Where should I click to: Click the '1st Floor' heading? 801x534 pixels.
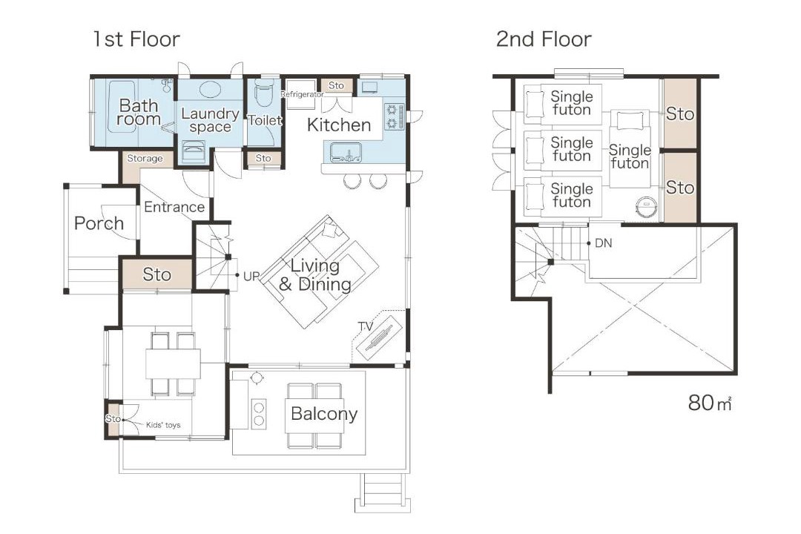(136, 39)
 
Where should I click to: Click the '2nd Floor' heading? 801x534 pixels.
(544, 39)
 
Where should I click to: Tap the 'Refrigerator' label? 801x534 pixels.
(302, 94)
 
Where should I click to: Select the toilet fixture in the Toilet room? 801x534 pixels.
(264, 91)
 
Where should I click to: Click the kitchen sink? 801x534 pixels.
(346, 152)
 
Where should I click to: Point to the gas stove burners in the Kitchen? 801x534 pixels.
(392, 116)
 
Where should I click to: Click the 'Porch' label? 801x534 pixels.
(99, 223)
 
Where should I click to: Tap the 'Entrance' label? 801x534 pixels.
(174, 207)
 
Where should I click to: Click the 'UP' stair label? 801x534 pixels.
(251, 277)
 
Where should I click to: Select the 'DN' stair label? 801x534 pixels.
(603, 243)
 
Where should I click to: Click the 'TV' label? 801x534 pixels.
(365, 326)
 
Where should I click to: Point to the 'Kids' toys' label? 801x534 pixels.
(163, 425)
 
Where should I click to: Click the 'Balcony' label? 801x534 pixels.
(324, 414)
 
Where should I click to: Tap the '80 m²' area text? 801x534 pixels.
(710, 403)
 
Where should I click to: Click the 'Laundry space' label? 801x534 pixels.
(210, 120)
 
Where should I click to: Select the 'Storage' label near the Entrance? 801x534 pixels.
(145, 159)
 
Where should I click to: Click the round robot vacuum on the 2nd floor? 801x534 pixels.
(646, 207)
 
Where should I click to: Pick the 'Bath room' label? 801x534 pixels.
(139, 113)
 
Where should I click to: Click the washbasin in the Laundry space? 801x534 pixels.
(209, 90)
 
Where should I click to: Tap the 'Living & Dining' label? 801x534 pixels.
(314, 275)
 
